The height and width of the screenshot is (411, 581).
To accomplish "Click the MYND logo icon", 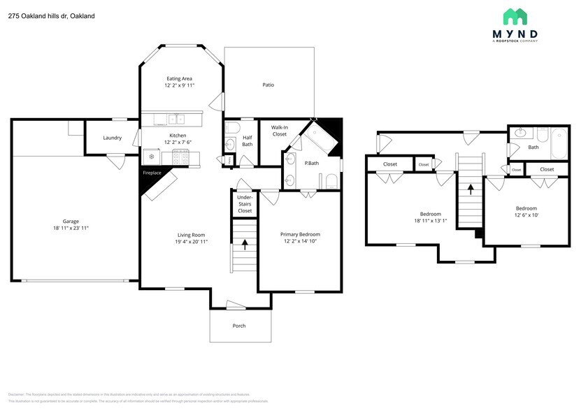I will (520, 17).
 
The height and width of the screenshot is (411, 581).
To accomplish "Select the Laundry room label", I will (113, 138).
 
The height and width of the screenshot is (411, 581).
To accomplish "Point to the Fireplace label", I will (152, 172).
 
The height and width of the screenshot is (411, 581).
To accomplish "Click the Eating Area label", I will (179, 78).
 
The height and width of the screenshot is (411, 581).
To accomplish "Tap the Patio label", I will (268, 85).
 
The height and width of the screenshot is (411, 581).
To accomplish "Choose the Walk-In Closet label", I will (280, 130).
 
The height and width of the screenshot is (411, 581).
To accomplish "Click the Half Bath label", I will (248, 140).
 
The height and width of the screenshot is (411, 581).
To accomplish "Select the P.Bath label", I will (312, 163).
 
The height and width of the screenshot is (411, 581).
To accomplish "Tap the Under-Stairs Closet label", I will (245, 203).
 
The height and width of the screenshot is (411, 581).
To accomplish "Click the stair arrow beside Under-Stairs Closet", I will (245, 244).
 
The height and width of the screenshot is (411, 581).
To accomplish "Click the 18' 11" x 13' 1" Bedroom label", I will (430, 217).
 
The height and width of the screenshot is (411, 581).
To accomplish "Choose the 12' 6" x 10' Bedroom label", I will (526, 212).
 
